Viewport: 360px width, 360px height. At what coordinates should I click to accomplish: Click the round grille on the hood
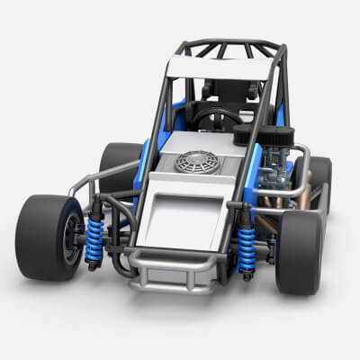pyautogui.click(x=197, y=162)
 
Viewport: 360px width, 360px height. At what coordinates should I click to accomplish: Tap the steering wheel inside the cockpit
pyautogui.click(x=217, y=118)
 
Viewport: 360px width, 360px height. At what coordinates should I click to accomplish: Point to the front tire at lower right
pyautogui.click(x=299, y=252)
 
